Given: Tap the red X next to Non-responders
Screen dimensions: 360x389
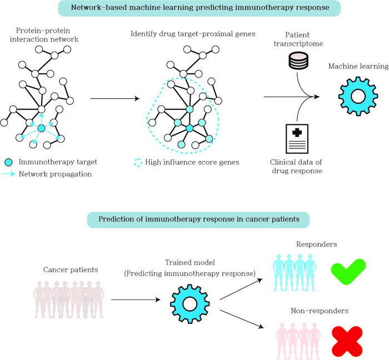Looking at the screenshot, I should pyautogui.click(x=347, y=340).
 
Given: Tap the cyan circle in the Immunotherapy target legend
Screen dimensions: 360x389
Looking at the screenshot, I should pyautogui.click(x=9, y=162).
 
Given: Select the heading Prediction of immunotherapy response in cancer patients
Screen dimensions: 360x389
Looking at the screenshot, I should pyautogui.click(x=198, y=219).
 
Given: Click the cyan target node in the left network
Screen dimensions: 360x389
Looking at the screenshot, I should pyautogui.click(x=41, y=128).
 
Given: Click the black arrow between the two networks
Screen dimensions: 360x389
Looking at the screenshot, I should pyautogui.click(x=114, y=98).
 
